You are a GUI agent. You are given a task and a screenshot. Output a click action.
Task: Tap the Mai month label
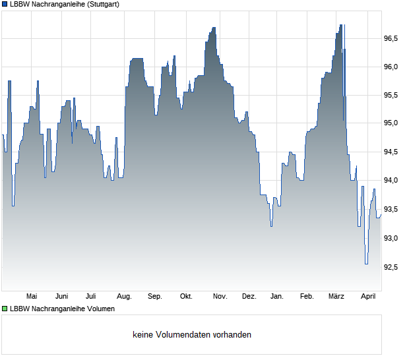31,296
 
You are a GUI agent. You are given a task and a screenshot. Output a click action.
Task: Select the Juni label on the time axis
61,296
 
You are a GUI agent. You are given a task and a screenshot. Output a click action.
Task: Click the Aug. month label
124,296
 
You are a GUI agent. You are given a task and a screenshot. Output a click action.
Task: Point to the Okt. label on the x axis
186,296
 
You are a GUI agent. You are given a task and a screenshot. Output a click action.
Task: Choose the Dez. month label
249,296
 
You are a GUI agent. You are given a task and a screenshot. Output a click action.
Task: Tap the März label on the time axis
336,296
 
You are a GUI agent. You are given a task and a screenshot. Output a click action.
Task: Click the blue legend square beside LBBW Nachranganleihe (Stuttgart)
5,4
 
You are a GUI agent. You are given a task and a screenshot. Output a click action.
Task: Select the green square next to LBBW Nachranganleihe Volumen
5,308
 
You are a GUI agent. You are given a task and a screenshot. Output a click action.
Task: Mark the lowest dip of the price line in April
366,264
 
